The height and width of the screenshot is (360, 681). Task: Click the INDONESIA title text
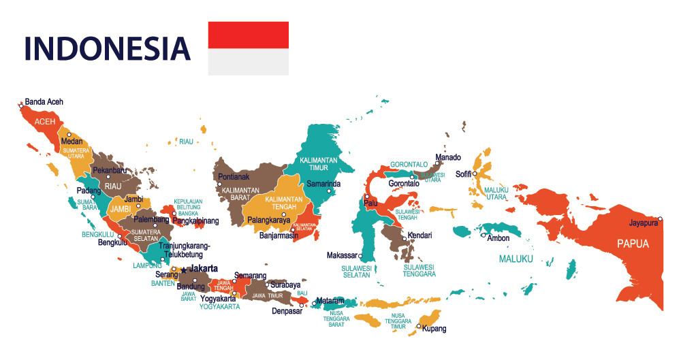tap(107, 48)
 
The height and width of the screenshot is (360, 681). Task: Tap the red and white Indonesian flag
tap(248, 48)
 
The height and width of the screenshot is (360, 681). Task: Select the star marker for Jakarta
tap(183, 269)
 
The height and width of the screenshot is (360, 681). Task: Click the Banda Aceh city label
tap(44, 102)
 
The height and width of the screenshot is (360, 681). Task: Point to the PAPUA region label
tap(633, 244)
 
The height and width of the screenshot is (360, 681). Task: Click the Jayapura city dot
tap(660, 218)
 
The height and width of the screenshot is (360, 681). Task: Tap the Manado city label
tap(448, 157)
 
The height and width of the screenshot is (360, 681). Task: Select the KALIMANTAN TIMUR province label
tap(319, 163)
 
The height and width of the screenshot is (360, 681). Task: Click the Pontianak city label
tap(234, 177)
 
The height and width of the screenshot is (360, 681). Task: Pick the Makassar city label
tap(342, 255)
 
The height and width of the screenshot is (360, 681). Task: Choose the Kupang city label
tap(434, 329)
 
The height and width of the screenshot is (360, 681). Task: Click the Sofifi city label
tap(464, 174)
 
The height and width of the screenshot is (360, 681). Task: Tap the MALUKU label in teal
tap(516, 259)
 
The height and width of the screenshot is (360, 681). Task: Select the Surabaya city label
tap(285, 284)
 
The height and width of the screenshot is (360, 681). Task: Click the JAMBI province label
tap(120, 209)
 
